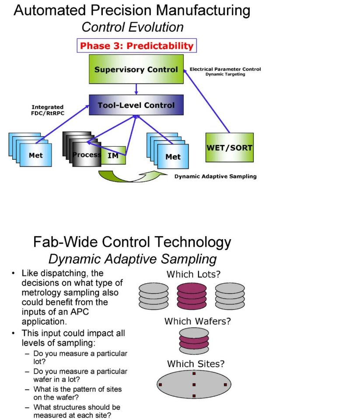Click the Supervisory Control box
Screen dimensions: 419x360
pyautogui.click(x=136, y=69)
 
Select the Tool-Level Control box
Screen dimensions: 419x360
pyautogui.click(x=136, y=105)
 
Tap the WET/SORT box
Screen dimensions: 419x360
pyautogui.click(x=229, y=148)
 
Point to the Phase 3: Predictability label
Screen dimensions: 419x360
pyautogui.click(x=136, y=46)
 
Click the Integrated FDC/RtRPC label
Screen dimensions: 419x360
pyautogui.click(x=47, y=110)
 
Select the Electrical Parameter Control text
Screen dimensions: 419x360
pyautogui.click(x=225, y=69)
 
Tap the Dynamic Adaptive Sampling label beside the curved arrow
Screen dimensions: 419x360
pyautogui.click(x=215, y=176)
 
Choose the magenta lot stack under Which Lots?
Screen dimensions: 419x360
pyautogui.click(x=191, y=296)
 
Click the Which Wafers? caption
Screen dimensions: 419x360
pyautogui.click(x=197, y=322)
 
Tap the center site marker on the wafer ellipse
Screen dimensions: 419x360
pyautogui.click(x=194, y=385)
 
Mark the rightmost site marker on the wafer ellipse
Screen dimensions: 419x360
pyautogui.click(x=225, y=385)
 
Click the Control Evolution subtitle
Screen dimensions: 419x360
pyautogui.click(x=133, y=27)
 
